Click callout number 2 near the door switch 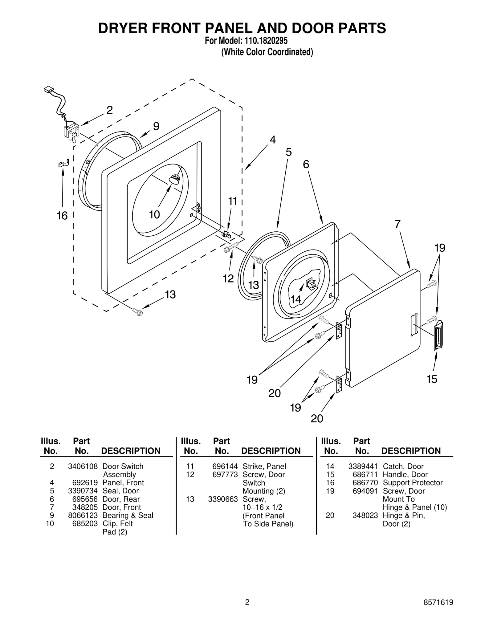[x=110, y=110]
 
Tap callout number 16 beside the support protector [x=62, y=216]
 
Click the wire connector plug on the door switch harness [x=48, y=90]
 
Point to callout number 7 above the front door [x=397, y=224]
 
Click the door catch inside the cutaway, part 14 [x=310, y=284]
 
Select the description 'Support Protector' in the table [x=412, y=483]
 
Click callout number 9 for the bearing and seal [x=156, y=126]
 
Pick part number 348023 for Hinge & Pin [x=365, y=515]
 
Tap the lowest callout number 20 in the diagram [x=317, y=418]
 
